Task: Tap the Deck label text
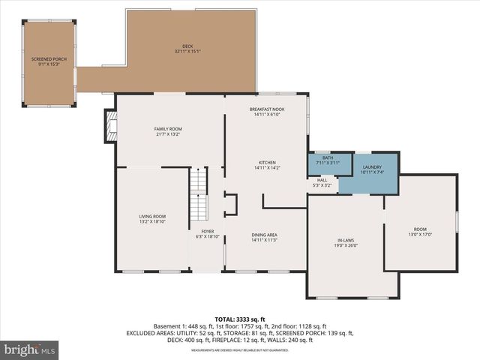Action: pyautogui.click(x=177, y=46)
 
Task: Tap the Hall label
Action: pyautogui.click(x=322, y=181)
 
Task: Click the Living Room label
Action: pyautogui.click(x=151, y=218)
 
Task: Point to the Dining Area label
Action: pyautogui.click(x=264, y=237)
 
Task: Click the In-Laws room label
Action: pyautogui.click(x=346, y=242)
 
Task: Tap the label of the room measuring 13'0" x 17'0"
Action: pyautogui.click(x=420, y=230)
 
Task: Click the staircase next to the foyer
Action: pyautogui.click(x=198, y=193)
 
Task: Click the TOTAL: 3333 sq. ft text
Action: pyautogui.click(x=240, y=319)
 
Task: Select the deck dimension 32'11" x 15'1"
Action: pyautogui.click(x=177, y=51)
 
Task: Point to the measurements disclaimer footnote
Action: pyautogui.click(x=240, y=350)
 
